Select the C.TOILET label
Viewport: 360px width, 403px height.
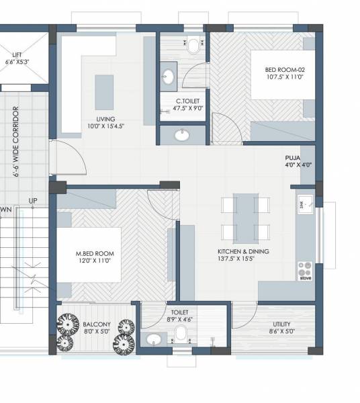(183, 101)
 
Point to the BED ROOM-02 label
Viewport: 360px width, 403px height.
(285, 70)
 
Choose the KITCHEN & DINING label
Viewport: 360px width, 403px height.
(242, 251)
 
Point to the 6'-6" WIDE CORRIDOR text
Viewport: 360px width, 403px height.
(15, 141)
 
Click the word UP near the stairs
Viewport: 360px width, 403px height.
(32, 201)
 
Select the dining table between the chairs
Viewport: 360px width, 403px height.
(244, 218)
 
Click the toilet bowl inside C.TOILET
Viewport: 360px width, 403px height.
(193, 46)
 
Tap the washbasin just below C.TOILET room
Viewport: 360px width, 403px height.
(181, 135)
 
